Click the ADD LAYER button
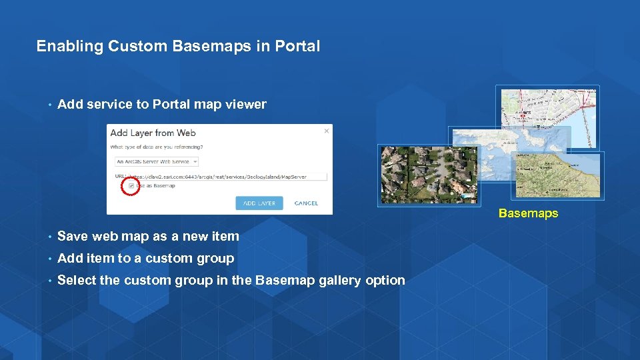coord(259,203)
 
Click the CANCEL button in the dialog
coord(306,203)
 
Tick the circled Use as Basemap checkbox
coord(131,186)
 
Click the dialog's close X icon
coord(326,131)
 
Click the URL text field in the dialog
coord(227,177)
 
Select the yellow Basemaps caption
coord(528,214)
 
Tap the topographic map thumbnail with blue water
coord(557,175)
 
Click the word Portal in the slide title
coord(297,46)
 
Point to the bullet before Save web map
coord(49,237)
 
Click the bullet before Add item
coord(49,259)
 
